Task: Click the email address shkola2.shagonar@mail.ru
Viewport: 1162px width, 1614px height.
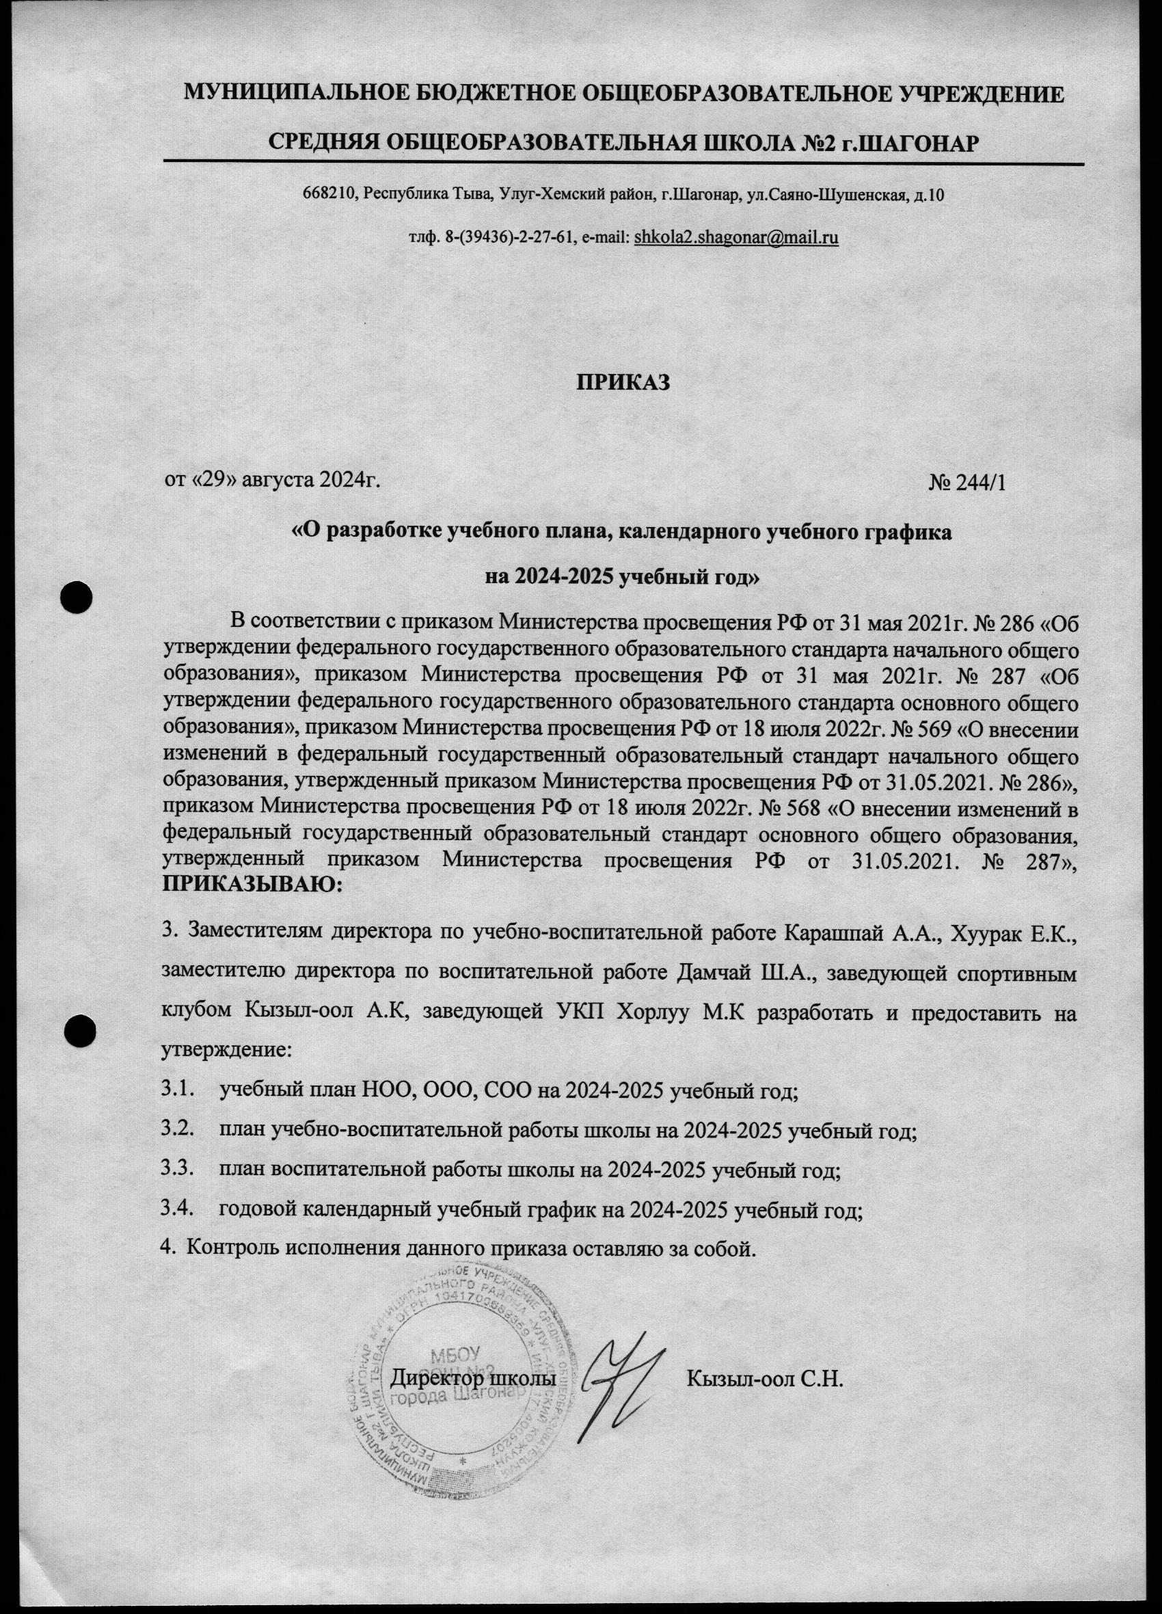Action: [x=735, y=238]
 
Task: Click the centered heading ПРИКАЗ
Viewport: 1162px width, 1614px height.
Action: [x=623, y=382]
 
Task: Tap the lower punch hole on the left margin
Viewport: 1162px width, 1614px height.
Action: [x=80, y=1029]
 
